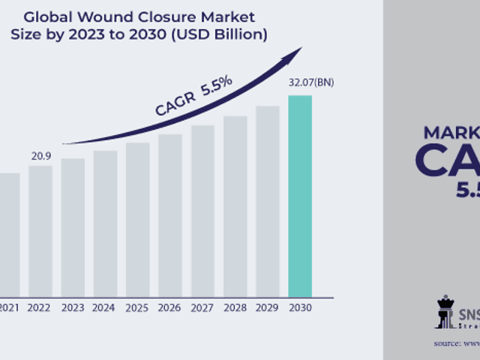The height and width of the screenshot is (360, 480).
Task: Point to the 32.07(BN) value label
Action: [x=310, y=82]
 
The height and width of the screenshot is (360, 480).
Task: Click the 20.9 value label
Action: [x=40, y=156]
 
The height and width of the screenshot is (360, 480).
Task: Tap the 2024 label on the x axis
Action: [x=105, y=307]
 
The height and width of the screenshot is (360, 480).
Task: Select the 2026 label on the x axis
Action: [x=169, y=307]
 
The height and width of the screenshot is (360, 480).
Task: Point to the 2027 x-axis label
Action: [x=202, y=307]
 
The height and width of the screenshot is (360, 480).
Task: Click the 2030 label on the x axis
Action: [x=300, y=307]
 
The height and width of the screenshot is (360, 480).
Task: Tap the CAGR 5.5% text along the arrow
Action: [x=193, y=95]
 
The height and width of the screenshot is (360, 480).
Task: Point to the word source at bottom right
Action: [x=447, y=343]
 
